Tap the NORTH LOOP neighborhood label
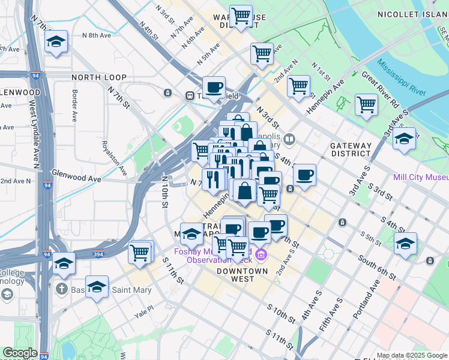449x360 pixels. tap(99, 77)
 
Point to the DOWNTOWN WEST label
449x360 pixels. tap(242, 275)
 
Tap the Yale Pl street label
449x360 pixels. tap(144, 313)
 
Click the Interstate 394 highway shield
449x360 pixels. tap(99, 253)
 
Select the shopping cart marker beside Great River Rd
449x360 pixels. tap(366, 105)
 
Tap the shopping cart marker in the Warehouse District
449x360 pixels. tap(241, 16)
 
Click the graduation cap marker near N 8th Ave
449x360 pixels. tap(56, 41)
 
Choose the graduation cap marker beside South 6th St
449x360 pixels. tap(406, 244)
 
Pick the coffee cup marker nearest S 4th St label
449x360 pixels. tap(305, 175)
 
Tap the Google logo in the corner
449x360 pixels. tap(20, 353)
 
